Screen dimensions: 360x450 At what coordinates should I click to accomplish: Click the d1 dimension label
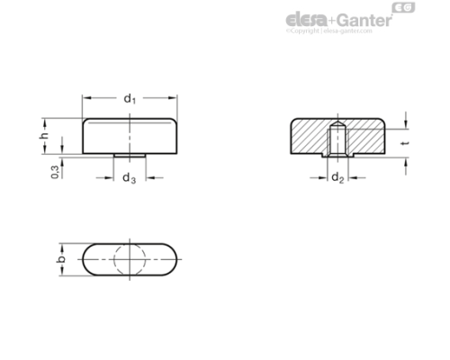(130, 98)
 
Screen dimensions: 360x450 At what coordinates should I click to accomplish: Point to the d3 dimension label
(129, 178)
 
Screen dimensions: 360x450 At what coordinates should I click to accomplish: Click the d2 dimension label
(337, 177)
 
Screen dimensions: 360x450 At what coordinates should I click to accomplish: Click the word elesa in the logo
(305, 19)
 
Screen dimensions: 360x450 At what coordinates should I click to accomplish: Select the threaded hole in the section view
(337, 140)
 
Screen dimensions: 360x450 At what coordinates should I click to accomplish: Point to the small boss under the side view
(131, 155)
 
